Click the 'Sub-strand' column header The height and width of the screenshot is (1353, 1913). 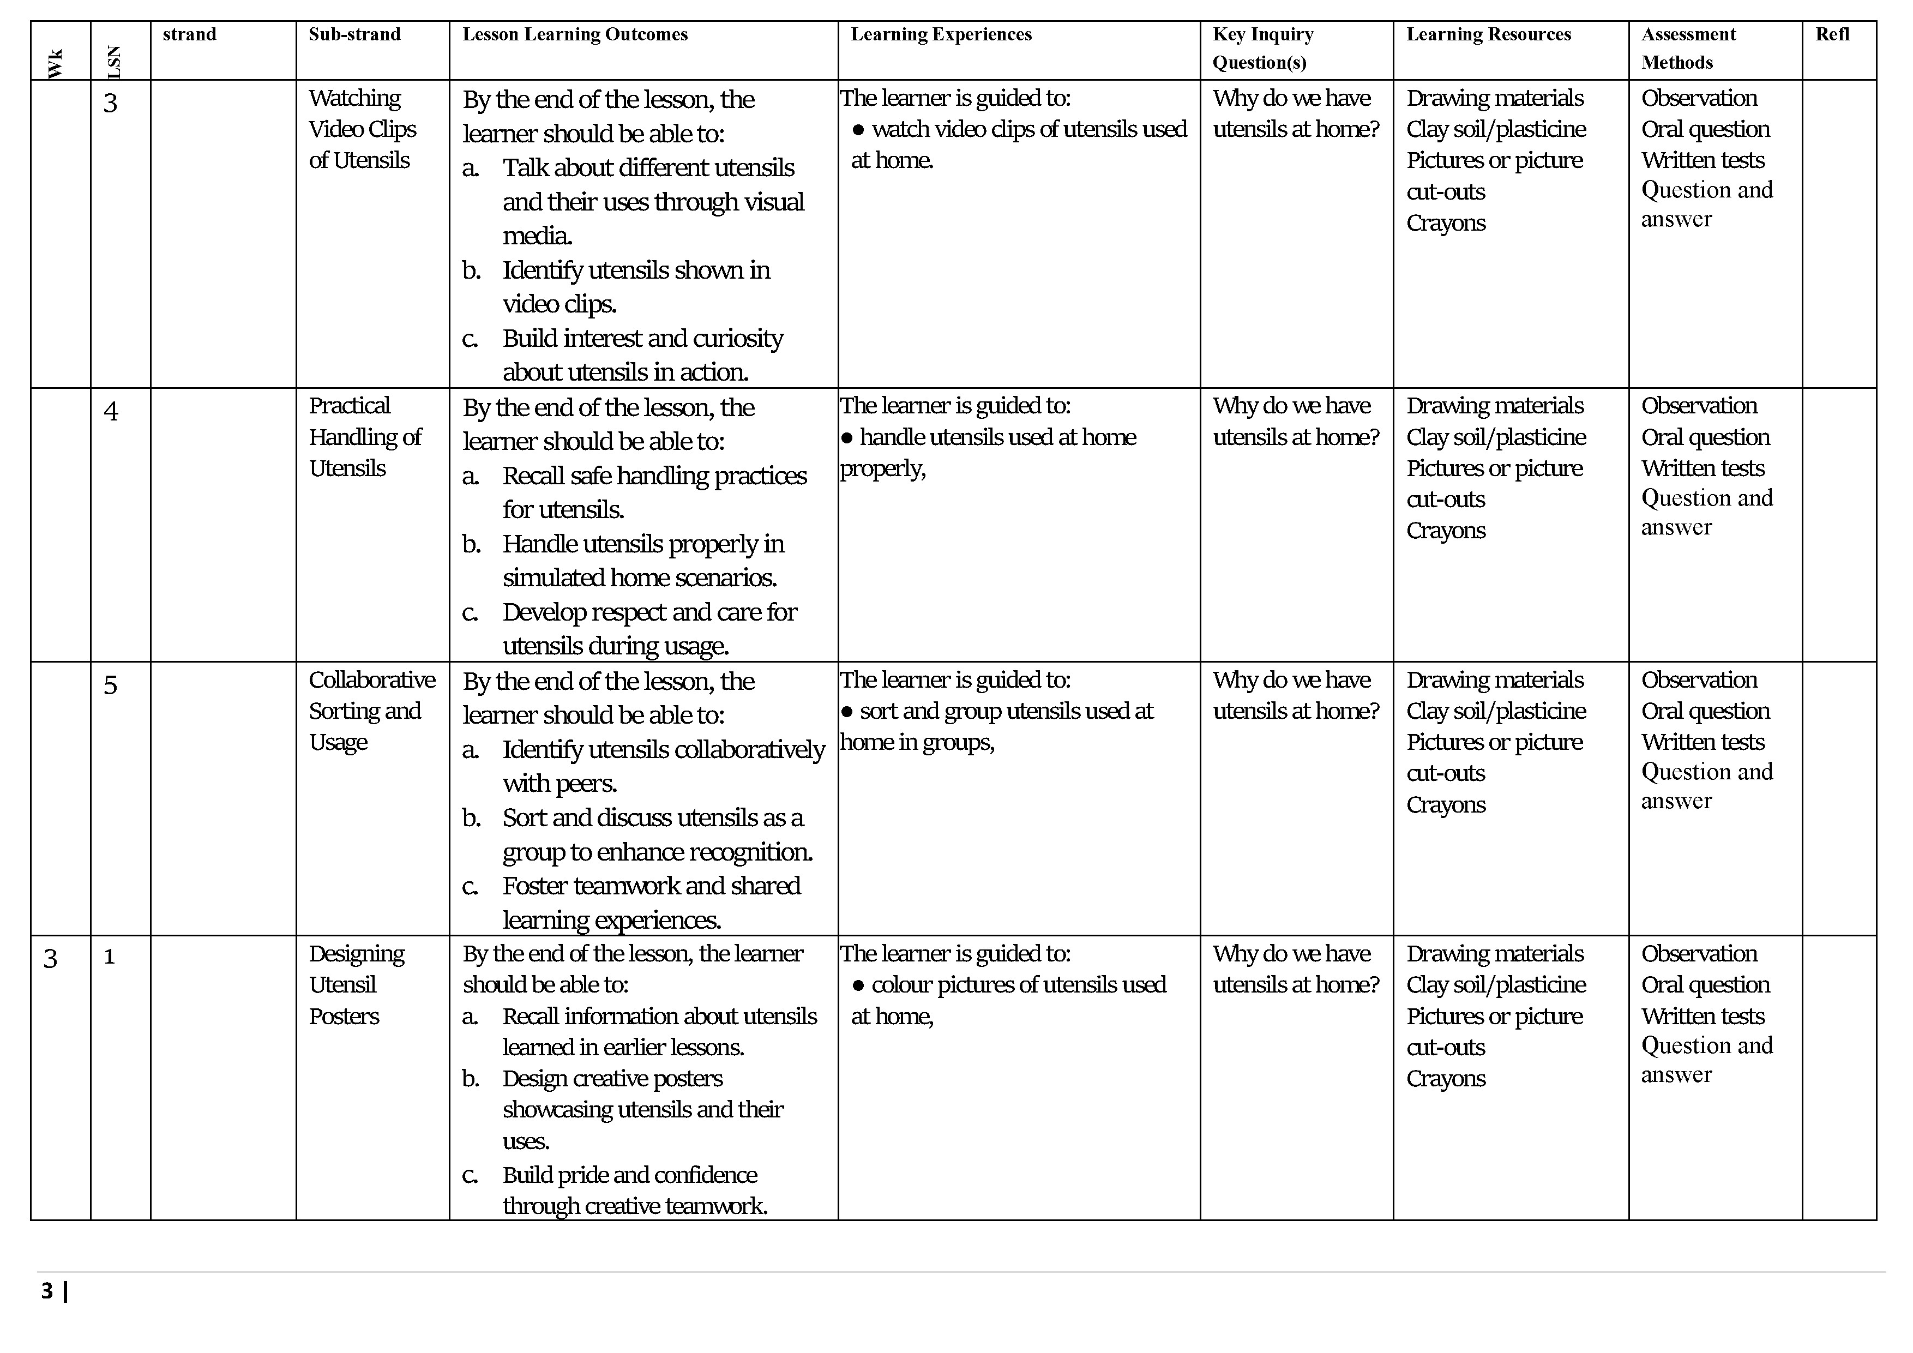coord(354,34)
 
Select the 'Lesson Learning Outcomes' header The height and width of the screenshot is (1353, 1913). coord(575,34)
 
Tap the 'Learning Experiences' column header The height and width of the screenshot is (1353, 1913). coord(941,34)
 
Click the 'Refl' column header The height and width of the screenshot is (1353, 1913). coord(1832,34)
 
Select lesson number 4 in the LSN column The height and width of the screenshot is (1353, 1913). coord(111,411)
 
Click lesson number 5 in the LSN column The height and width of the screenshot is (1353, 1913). coord(111,685)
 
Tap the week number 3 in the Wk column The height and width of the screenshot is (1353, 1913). coord(51,958)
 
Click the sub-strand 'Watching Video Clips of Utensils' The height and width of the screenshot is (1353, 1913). coord(363,129)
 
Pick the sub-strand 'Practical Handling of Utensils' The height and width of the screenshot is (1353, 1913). coord(365,437)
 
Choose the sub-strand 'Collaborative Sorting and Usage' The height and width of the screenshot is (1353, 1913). coord(371,711)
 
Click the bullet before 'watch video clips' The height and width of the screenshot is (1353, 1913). coord(858,130)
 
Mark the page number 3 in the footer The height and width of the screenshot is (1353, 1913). coord(47,1291)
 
